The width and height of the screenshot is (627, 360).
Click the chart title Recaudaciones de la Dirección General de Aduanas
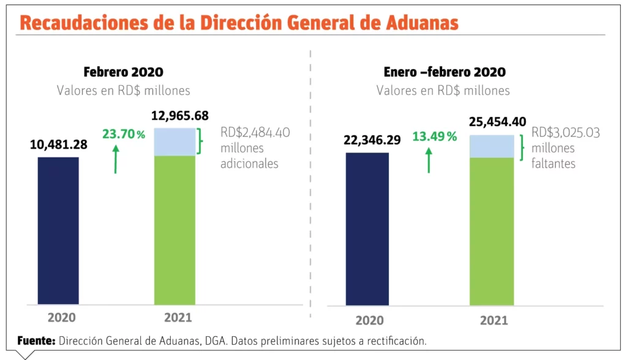pyautogui.click(x=239, y=23)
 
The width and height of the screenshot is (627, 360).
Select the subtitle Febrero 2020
pyautogui.click(x=124, y=72)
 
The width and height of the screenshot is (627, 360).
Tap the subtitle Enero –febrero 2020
pyautogui.click(x=445, y=72)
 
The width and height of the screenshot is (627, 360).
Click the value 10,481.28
pyautogui.click(x=59, y=145)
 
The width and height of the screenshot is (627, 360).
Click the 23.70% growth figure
pyautogui.click(x=124, y=134)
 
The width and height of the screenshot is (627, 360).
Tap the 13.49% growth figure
pyautogui.click(x=434, y=137)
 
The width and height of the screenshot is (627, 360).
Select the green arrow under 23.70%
pyautogui.click(x=115, y=159)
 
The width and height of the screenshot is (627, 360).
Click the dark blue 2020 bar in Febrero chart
pyautogui.click(x=58, y=230)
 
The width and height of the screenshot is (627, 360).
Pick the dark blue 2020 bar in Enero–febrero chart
pyautogui.click(x=367, y=228)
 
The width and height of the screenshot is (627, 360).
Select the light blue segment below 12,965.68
pyautogui.click(x=175, y=142)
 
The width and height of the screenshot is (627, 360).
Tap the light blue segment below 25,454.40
pyautogui.click(x=492, y=146)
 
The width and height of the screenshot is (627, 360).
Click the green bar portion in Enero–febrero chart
pyautogui.click(x=492, y=231)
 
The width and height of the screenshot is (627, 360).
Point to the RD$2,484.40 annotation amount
pyautogui.click(x=255, y=133)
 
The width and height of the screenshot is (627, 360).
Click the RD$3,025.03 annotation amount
pyautogui.click(x=565, y=133)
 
